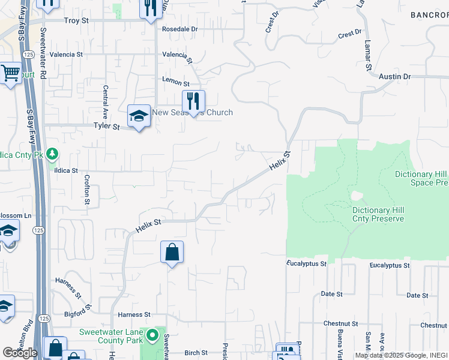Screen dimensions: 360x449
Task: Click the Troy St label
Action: [76, 20]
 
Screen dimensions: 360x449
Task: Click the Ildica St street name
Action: [66, 170]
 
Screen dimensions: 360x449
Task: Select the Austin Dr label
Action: [395, 77]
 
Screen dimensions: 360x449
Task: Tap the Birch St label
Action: [196, 353]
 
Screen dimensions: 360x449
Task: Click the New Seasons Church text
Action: [192, 113]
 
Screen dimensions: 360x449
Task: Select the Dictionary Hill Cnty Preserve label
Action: [378, 214]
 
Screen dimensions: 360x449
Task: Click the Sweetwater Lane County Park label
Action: [112, 336]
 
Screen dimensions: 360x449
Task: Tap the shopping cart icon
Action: [11, 74]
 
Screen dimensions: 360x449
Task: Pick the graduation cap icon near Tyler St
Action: [139, 116]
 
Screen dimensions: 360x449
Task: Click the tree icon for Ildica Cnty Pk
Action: [53, 154]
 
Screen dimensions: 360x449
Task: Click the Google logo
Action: [20, 353]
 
